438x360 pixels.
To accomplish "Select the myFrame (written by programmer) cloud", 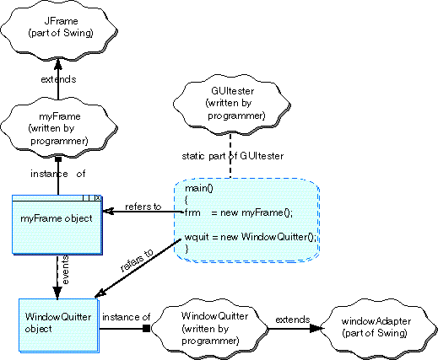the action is click(59, 129).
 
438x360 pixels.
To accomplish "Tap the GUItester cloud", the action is click(232, 104).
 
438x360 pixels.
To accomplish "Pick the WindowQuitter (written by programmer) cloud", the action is click(209, 328).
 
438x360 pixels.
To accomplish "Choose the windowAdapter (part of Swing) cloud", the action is click(378, 328).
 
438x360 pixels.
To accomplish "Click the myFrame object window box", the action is click(57, 225).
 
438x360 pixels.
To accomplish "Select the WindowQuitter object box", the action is click(59, 325).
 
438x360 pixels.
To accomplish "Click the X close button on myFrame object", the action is click(98, 198).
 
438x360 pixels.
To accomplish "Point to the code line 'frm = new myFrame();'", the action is click(239, 212).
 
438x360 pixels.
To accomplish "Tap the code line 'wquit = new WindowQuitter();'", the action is click(251, 237).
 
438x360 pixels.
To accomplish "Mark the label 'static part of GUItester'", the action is click(233, 156).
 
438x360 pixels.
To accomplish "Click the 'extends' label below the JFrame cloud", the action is click(58, 79).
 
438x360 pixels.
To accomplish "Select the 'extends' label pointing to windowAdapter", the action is click(293, 320).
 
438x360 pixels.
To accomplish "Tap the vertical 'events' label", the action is click(65, 270).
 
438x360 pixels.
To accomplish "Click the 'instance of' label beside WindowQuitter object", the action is click(127, 317).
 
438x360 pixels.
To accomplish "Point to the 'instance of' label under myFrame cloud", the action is click(58, 174).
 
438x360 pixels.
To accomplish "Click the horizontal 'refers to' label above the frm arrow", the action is click(143, 207).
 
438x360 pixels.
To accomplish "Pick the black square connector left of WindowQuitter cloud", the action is click(146, 328).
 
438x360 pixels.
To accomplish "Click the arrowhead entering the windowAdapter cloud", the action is click(316, 328).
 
